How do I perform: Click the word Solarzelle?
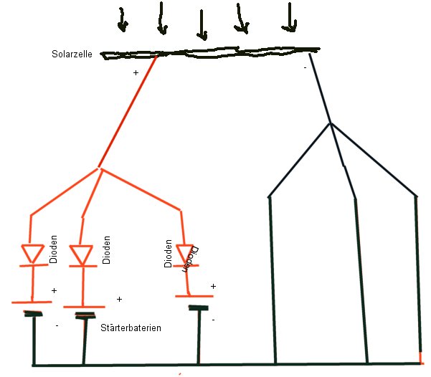point(74,54)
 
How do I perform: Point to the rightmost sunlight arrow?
point(289,19)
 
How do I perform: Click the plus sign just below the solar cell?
point(136,73)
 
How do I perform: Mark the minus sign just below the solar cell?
point(305,67)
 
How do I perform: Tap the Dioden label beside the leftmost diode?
point(54,250)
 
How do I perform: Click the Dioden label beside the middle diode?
point(106,250)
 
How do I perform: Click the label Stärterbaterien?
point(131,328)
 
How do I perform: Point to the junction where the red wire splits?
point(100,171)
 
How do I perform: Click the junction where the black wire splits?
point(330,124)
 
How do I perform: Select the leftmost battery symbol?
point(32,307)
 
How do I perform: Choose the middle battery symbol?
point(84,310)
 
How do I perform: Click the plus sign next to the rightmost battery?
point(213,286)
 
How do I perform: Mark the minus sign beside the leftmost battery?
point(57,325)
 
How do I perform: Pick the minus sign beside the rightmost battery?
point(213,318)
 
